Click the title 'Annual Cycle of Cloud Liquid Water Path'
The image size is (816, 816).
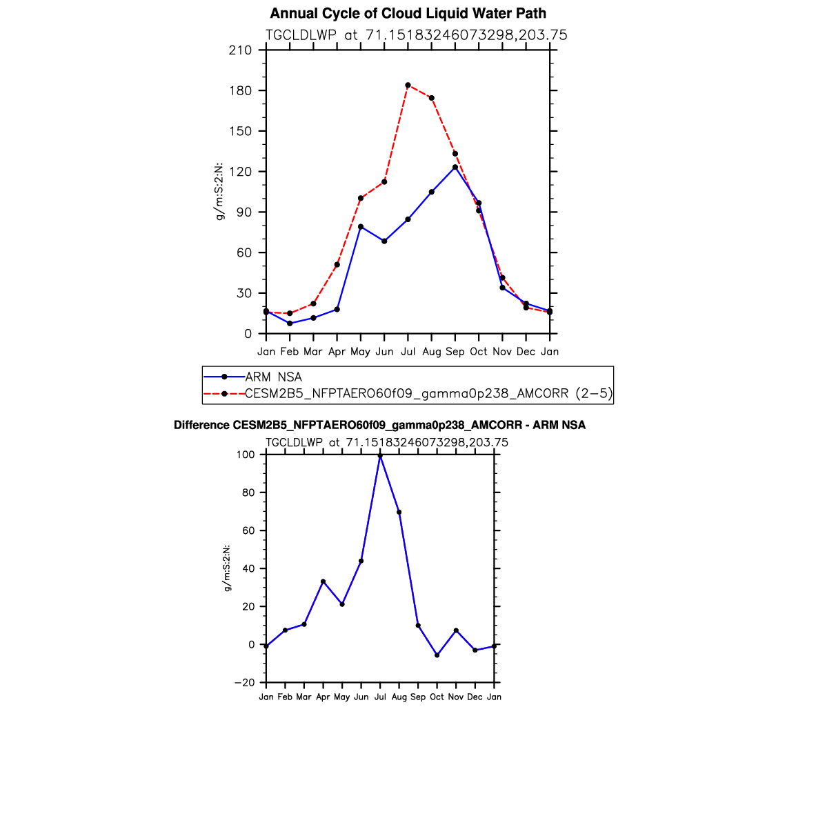408,14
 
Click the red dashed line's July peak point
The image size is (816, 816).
408,86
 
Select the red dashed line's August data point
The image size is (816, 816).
432,98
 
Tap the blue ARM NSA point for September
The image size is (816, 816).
455,167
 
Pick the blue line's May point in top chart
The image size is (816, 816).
361,227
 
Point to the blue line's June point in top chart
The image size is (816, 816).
384,241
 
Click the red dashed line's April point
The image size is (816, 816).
337,265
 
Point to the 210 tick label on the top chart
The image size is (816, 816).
241,50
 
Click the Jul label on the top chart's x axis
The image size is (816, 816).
408,352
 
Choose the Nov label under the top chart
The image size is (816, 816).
502,352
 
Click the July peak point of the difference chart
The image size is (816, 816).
380,455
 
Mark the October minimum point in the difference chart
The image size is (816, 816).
437,655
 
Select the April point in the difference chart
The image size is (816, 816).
323,581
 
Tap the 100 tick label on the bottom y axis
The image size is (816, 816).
247,455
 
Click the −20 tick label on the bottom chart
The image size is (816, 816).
245,683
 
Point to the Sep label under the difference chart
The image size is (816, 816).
418,697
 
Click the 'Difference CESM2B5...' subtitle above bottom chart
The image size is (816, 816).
379,426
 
